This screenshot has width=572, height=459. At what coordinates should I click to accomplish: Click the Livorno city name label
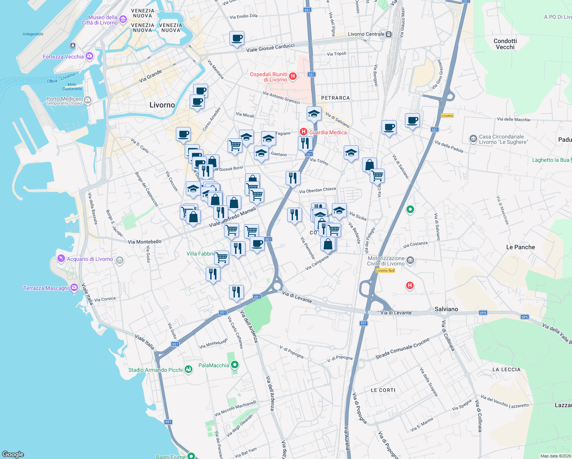point(162,105)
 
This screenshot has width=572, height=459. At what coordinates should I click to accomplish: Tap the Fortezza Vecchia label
point(63,57)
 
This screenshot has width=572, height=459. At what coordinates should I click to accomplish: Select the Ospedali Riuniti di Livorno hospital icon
point(293,76)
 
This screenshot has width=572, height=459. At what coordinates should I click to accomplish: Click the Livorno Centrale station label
point(366,34)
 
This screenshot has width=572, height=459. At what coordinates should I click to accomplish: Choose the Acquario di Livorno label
point(90,259)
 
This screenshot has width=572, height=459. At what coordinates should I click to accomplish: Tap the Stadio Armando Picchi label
point(156,370)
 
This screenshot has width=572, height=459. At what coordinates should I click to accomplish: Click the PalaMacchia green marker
point(235,365)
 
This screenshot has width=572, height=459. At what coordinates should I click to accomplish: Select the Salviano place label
point(446,309)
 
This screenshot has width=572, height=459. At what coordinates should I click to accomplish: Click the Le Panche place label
point(520,247)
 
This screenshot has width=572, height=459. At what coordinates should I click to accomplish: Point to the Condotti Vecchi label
point(505,44)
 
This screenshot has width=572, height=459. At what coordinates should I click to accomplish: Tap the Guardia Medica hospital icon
point(304,132)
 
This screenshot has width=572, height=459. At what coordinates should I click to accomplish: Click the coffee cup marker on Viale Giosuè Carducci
point(237,38)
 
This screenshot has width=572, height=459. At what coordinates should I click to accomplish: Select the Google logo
point(13,454)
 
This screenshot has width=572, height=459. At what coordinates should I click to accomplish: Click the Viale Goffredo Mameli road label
point(232,217)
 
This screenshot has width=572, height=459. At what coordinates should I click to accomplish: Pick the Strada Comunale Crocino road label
point(402,348)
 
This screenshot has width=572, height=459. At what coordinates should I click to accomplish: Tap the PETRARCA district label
point(335,98)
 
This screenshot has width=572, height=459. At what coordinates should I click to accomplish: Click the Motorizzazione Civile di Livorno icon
point(410,261)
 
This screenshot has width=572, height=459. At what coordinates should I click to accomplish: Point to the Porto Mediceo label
point(64,99)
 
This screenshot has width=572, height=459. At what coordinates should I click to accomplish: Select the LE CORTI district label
point(383,390)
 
